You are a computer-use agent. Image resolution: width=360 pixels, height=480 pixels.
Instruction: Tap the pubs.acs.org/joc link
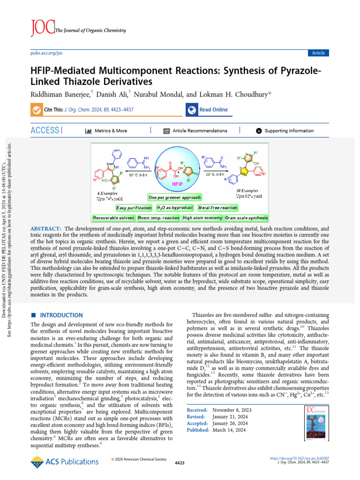[x=46, y=53]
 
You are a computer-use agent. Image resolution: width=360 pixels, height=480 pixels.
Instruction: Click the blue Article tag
[x=318, y=53]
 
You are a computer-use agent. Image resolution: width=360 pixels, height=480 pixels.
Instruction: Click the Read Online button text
[x=213, y=110]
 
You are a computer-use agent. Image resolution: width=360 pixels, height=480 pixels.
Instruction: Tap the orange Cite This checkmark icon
[x=36, y=110]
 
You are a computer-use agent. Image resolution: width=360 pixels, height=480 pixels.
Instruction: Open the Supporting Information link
[x=289, y=131]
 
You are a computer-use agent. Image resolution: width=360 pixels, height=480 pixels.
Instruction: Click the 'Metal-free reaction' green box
[x=217, y=207]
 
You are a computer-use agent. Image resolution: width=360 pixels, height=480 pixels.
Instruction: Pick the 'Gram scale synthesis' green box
[x=246, y=217]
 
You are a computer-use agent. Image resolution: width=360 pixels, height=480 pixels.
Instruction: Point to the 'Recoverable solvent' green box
[x=114, y=217]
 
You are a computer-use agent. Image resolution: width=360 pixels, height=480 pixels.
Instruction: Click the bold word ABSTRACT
[x=45, y=228]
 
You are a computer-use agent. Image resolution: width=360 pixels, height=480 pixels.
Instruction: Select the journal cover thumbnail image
[x=315, y=424]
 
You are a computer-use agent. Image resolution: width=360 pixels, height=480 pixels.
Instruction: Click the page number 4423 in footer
[x=180, y=463]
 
